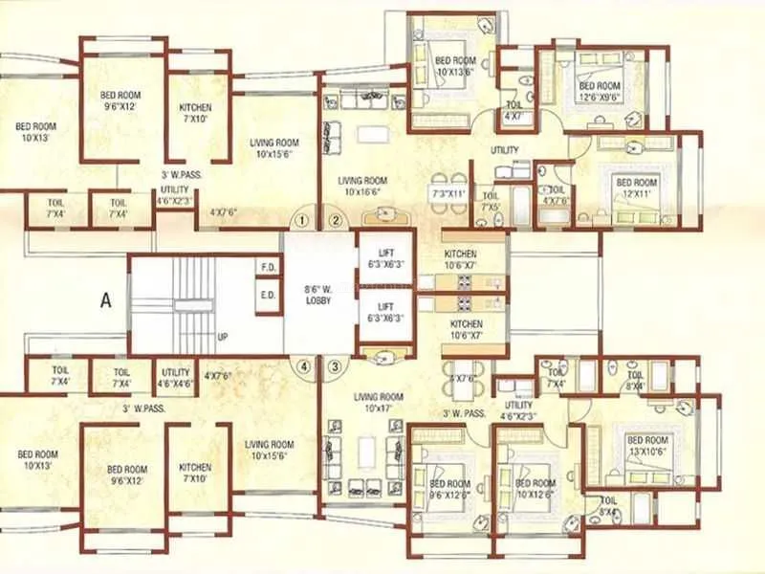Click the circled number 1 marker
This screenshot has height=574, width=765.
303,221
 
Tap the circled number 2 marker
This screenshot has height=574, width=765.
336,221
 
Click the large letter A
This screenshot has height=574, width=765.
106,299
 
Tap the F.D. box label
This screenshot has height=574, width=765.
268,268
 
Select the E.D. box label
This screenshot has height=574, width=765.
268,296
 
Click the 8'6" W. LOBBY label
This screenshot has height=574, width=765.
317,293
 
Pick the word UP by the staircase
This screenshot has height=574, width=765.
224,338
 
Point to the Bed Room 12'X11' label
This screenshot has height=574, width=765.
636,188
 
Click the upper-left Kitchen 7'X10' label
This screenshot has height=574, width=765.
196,113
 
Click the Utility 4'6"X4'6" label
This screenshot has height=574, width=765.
176,378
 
